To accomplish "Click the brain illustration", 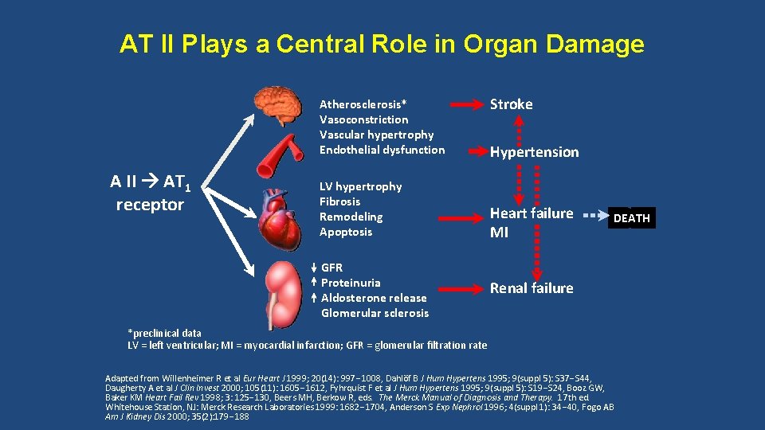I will point(278,106).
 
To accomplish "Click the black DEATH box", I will point(632,217).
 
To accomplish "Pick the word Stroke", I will point(511,104).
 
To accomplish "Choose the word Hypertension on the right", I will point(534,152).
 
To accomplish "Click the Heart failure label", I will point(531,213).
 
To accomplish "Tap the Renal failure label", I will point(531,288).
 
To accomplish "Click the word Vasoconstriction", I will point(363,119).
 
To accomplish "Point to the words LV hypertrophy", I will point(360,186).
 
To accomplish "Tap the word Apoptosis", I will point(345,232).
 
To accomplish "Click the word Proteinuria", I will point(351,283).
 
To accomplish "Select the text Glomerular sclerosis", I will point(375,313).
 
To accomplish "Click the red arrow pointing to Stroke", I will point(467,104).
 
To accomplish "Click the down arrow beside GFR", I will point(315,268).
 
